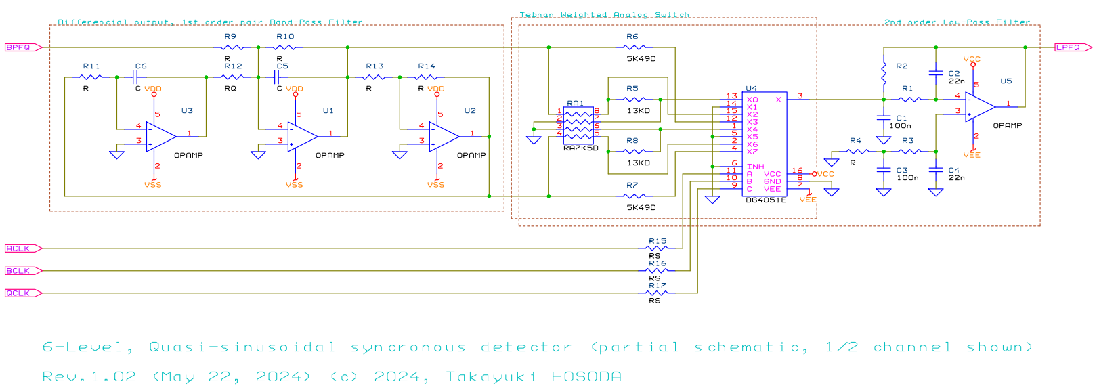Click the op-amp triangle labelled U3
point(160,136)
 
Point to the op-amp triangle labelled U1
point(302,136)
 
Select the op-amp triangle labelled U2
point(444,136)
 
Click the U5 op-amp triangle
point(979,107)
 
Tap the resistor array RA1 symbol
point(578,123)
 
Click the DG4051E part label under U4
point(766,200)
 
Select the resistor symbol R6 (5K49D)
point(634,47)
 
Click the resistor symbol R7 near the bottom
point(634,196)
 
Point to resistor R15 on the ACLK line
point(657,248)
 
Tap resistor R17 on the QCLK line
point(657,293)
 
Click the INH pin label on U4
point(755,167)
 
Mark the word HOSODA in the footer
point(586,376)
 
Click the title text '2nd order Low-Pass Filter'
point(957,22)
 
